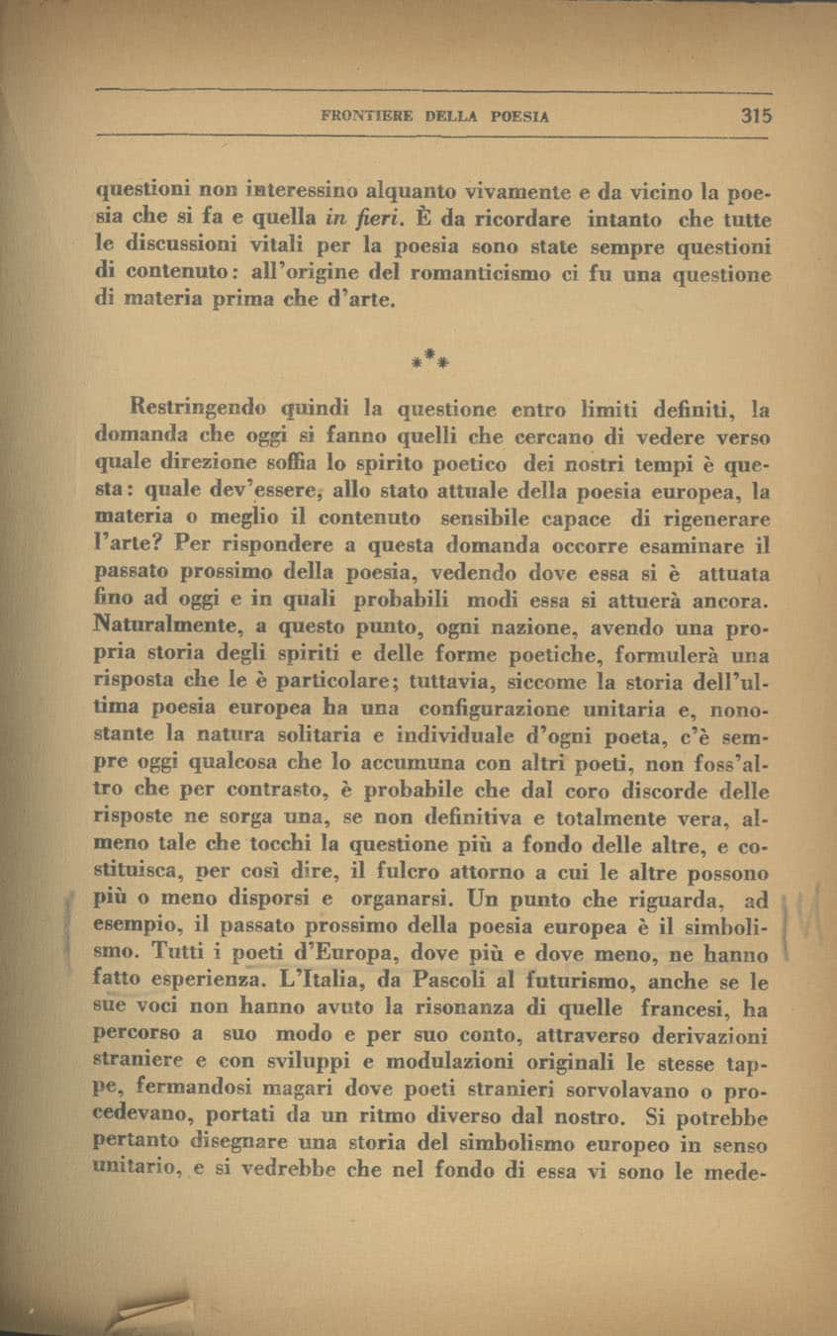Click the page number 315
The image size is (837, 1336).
[x=755, y=115]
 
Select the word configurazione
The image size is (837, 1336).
[x=494, y=709]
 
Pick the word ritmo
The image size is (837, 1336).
[x=390, y=1119]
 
